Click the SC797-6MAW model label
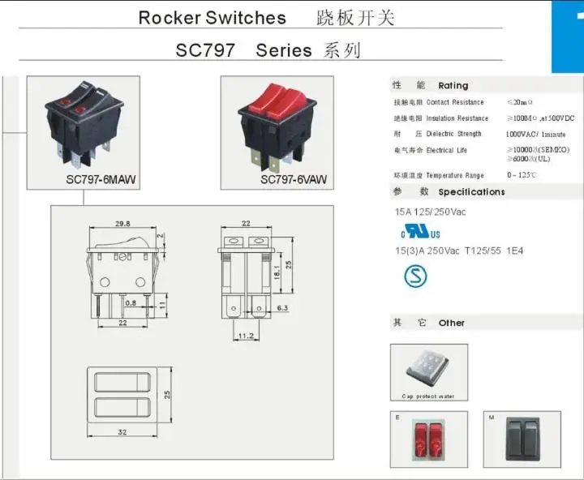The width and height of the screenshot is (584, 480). (x=101, y=179)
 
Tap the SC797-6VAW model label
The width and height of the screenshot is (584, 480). (x=294, y=179)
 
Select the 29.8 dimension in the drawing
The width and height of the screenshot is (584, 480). (x=122, y=224)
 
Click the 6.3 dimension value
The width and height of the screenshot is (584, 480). (x=283, y=309)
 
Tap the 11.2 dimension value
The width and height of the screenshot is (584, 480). (x=247, y=335)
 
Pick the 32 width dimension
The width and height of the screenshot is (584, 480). (x=122, y=432)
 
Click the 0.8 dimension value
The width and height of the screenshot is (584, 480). (x=108, y=303)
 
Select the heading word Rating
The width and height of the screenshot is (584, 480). (x=453, y=85)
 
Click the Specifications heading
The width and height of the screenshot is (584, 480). (x=471, y=192)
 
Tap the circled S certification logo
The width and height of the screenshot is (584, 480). (x=415, y=276)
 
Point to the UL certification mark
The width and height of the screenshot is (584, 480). (x=406, y=232)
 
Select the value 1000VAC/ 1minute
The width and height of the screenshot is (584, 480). (x=535, y=134)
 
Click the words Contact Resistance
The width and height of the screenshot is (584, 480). (x=455, y=102)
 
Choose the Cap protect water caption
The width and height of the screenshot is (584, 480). (x=428, y=396)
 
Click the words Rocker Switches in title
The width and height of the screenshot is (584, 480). (x=213, y=18)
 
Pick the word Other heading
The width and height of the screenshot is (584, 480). (x=451, y=323)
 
